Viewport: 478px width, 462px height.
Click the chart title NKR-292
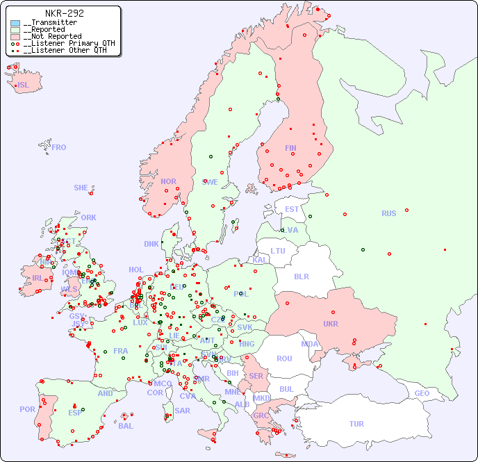(64, 13)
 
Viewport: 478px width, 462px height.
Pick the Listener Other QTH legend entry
(65, 50)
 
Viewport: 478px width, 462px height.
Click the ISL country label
(24, 85)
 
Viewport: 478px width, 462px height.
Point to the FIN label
(290, 148)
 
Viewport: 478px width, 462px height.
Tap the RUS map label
(388, 213)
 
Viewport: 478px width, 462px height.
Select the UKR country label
(330, 324)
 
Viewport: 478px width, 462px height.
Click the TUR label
(356, 424)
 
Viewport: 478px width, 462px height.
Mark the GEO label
(422, 393)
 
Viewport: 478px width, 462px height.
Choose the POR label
(27, 409)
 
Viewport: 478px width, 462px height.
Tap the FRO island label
(59, 147)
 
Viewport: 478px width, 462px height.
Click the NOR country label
(168, 181)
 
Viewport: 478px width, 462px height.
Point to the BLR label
(301, 276)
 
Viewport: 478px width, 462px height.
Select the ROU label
(284, 358)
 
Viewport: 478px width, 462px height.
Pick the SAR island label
(183, 410)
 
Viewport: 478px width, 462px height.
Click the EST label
(292, 209)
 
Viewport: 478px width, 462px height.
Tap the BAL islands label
(126, 426)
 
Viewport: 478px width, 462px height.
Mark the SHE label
(81, 188)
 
